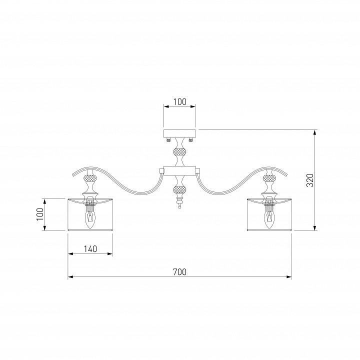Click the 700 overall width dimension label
(x=180, y=272)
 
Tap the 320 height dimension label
(x=310, y=180)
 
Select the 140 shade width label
(x=90, y=249)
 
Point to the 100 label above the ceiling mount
(x=180, y=101)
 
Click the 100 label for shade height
(x=40, y=214)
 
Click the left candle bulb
(x=90, y=219)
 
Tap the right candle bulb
(x=269, y=219)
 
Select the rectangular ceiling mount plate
(x=179, y=133)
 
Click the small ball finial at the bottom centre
(x=179, y=207)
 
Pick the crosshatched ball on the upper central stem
(x=179, y=152)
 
